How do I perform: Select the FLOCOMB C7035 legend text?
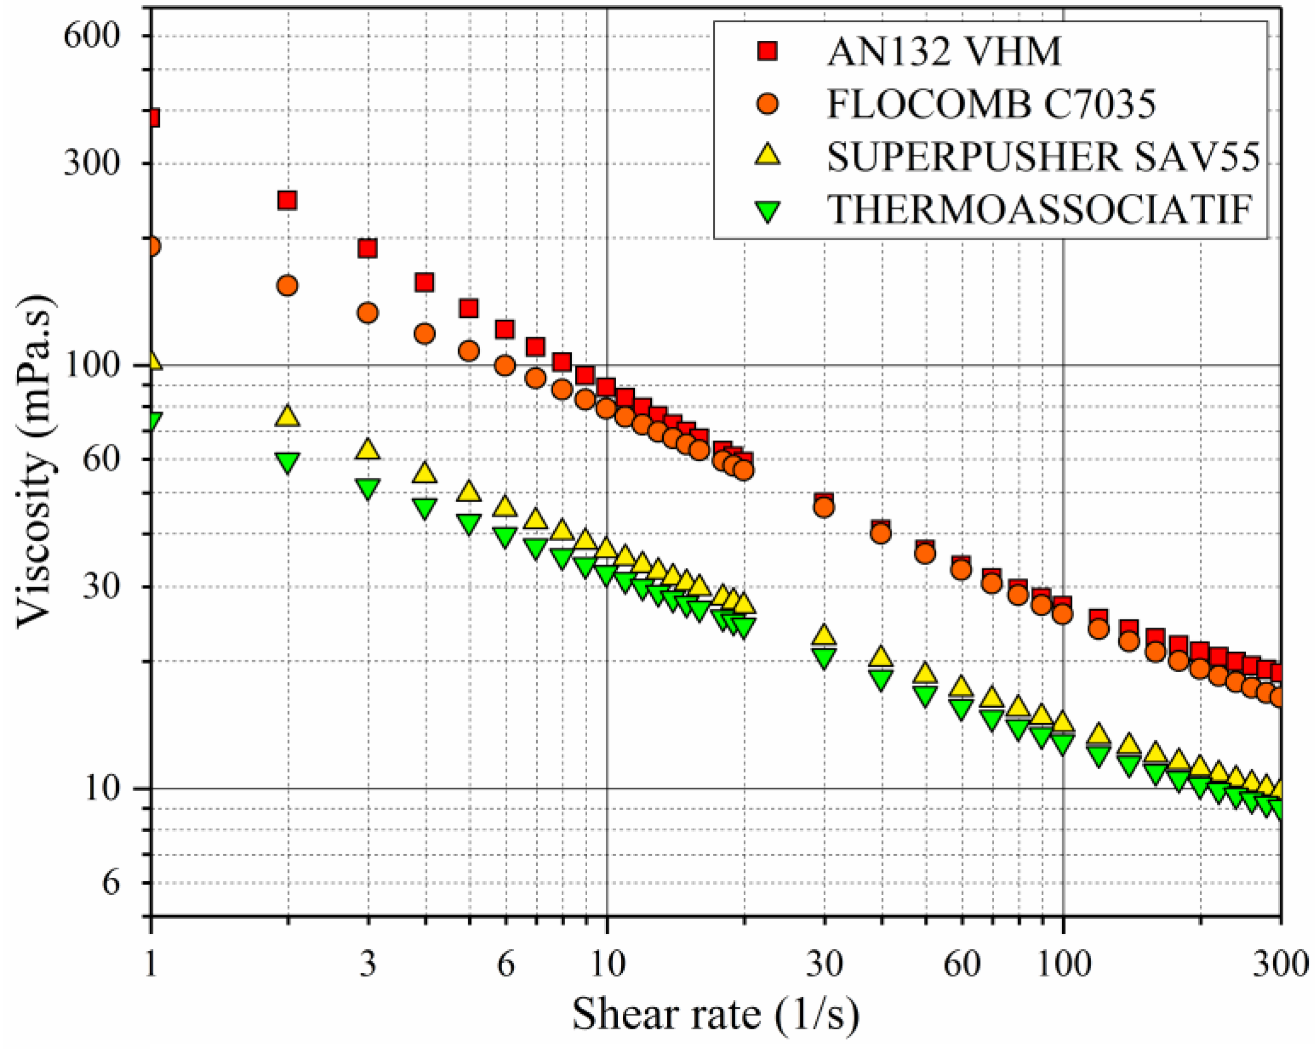pos(991,104)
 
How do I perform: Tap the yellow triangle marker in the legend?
pos(768,155)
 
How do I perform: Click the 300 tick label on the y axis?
pos(91,163)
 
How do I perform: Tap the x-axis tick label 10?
pos(608,964)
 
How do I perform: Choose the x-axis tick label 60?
pos(962,964)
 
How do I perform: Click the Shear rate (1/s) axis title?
pos(715,1014)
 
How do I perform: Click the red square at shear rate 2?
pos(287,200)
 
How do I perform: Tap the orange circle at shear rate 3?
pos(367,313)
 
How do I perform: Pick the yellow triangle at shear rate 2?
pos(287,417)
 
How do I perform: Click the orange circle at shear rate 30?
pos(824,507)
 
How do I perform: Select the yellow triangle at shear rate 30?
pos(824,635)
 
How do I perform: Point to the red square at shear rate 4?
pos(424,282)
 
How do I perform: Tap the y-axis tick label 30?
pos(101,587)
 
